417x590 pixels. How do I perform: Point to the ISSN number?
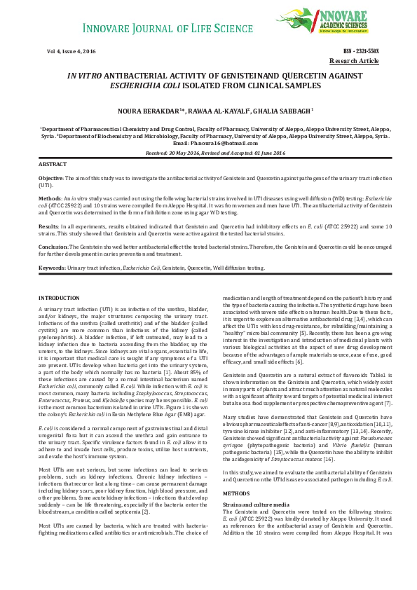click(x=360, y=53)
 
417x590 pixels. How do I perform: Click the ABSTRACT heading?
click(x=53, y=163)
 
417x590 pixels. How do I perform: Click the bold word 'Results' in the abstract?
click(x=48, y=227)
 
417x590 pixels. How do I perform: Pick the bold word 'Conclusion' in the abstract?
click(x=53, y=247)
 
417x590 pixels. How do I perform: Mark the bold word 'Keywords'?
click(x=51, y=268)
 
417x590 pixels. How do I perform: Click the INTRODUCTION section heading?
click(x=59, y=299)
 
